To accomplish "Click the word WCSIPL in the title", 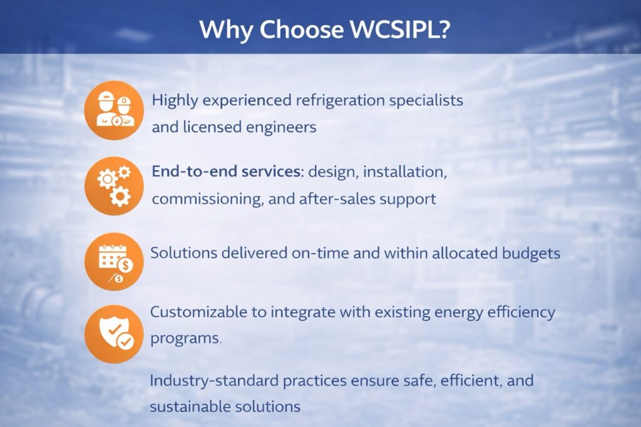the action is point(400,29).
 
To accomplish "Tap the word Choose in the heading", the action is point(301,29).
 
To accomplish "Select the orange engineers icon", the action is point(114,110).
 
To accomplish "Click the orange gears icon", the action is point(114,186).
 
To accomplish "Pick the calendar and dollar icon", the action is point(114,262).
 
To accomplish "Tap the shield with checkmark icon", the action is point(114,334).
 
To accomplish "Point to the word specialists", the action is point(426,101).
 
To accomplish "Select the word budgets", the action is point(531,254).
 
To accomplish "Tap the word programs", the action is point(185,339).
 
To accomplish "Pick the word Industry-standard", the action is point(214,381).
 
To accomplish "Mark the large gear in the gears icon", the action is point(120,197).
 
